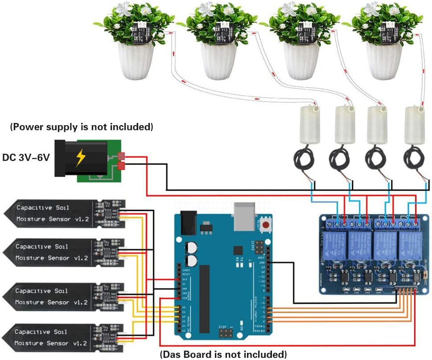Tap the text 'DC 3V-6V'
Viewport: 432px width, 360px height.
point(25,157)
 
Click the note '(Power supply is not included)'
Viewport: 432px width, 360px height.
point(82,127)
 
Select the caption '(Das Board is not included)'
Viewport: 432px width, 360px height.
point(223,355)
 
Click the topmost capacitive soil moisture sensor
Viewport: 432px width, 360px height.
point(62,213)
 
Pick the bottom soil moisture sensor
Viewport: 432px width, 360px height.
point(62,337)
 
